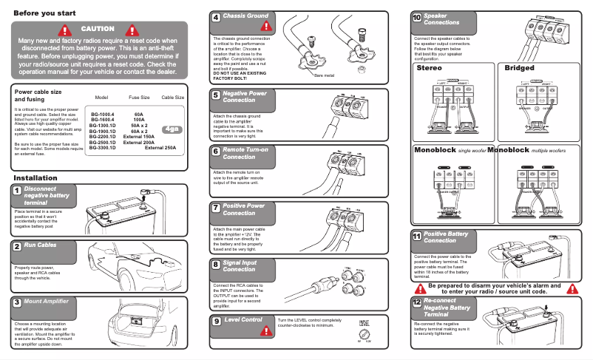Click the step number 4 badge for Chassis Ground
tap(216, 17)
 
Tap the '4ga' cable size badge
tap(171, 129)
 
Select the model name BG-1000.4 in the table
tap(102, 115)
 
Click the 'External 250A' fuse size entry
tap(160, 148)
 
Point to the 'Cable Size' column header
tap(172, 98)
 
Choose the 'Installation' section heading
tap(35, 178)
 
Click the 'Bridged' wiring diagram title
tap(519, 68)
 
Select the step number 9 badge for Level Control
tap(216, 321)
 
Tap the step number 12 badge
tap(417, 303)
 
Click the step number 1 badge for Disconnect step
tap(16, 191)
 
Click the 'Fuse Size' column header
tap(140, 98)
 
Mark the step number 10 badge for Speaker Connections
tap(417, 18)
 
